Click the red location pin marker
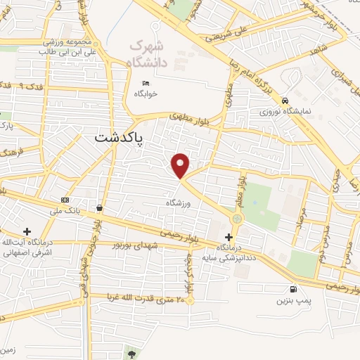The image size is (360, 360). pos(181,165)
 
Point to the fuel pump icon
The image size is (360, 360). pos(292,288)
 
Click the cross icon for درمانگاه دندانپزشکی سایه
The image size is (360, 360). pos(229,237)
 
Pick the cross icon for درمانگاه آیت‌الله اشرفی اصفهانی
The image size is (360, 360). pos(27,231)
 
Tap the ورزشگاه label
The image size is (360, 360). pos(179,203)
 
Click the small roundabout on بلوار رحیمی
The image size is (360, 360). pos(236,219)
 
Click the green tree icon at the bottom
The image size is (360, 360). pos(131,351)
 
